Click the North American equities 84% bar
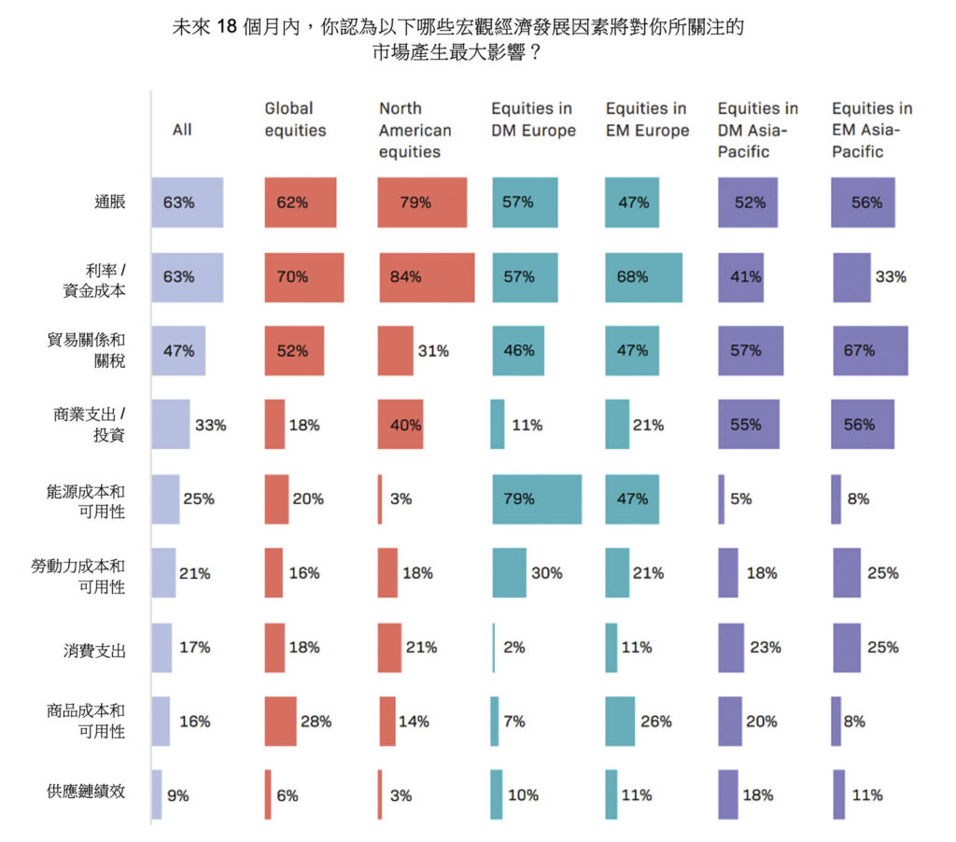[x=426, y=277]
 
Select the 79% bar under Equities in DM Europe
[x=537, y=499]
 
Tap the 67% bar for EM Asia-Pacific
[x=869, y=351]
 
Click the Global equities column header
[x=296, y=119]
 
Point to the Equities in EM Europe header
[x=647, y=119]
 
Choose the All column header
[x=182, y=130]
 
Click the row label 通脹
[x=109, y=202]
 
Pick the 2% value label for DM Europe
[x=514, y=647]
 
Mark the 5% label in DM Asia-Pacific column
[x=741, y=499]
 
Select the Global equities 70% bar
[x=304, y=277]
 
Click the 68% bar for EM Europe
[x=643, y=277]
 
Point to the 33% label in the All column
[x=210, y=426]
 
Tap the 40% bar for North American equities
[x=401, y=426]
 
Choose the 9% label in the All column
[x=177, y=796]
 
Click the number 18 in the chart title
[x=229, y=28]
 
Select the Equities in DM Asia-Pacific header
[x=758, y=130]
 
